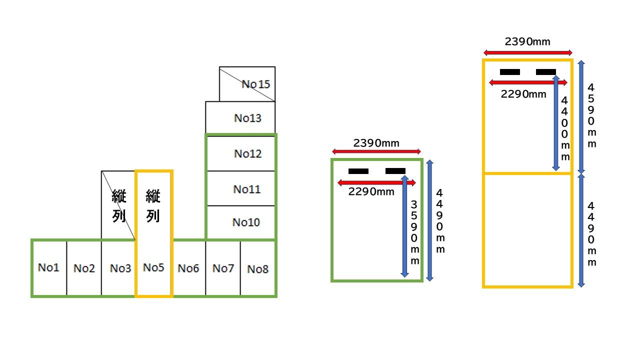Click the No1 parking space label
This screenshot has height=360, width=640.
pos(48,267)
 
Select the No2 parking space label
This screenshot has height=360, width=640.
pos(84,268)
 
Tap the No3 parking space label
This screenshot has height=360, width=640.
pos(120,268)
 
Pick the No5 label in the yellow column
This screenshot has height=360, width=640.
pos(153,267)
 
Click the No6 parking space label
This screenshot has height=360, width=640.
pos(188,268)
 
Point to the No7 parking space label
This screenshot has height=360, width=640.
pos(223,268)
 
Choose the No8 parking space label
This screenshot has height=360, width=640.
pos(258,269)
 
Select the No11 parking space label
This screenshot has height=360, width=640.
pos(247,189)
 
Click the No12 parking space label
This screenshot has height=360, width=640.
pos(248,153)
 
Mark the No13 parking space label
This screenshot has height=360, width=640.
pos(248,118)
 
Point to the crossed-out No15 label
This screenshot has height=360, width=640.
pos(255,84)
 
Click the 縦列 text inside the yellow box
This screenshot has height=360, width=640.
pos(153,206)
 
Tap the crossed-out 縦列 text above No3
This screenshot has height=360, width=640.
pos(119,206)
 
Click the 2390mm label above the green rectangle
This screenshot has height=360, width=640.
pos(376,143)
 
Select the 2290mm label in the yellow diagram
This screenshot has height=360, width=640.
pos(523,93)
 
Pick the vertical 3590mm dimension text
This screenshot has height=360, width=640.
pos(414,232)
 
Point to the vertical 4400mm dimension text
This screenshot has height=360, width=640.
pos(565,128)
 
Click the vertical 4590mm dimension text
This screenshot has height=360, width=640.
pos(591,115)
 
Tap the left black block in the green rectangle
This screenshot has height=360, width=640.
pos(358,171)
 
